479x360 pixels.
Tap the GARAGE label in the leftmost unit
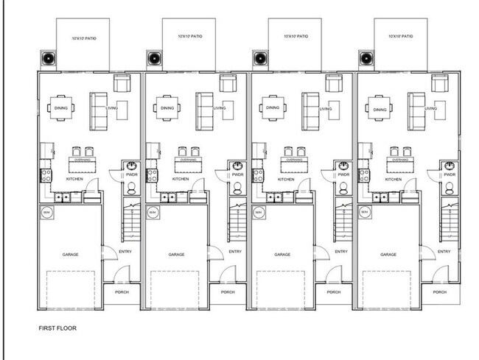[71, 254]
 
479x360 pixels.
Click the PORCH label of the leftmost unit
[123, 292]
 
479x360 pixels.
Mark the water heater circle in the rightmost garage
[365, 213]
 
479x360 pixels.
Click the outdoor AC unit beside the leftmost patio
[47, 58]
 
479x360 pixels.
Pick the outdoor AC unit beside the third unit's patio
[259, 58]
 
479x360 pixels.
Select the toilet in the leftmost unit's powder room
[130, 188]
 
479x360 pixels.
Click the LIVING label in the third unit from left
[325, 110]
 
